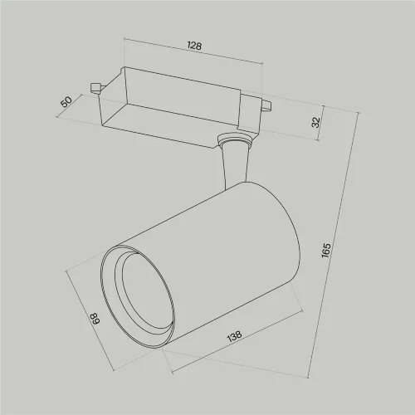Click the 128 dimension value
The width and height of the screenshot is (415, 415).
(194, 47)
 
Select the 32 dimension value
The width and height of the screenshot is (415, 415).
(315, 123)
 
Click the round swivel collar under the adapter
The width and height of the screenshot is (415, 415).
(234, 141)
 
